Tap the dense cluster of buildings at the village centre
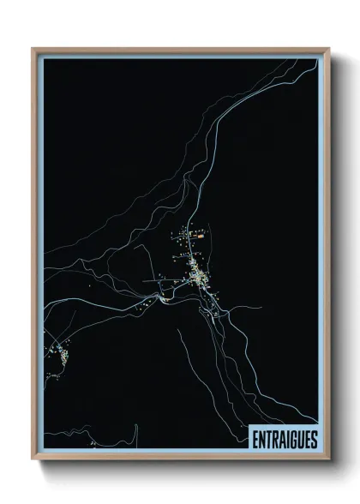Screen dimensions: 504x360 coord(200,276)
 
